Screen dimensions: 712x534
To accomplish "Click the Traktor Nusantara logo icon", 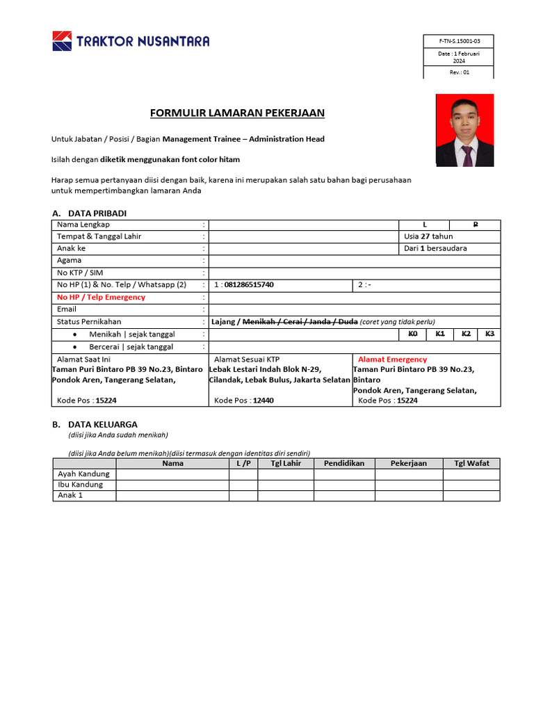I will (62, 41).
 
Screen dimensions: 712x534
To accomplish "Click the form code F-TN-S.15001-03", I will (459, 41).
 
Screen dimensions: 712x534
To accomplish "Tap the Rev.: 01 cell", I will (459, 72).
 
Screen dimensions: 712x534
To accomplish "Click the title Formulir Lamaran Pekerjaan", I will (238, 113).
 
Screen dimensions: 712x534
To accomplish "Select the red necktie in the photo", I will (467, 154).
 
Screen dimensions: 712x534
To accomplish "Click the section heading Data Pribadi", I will (97, 213).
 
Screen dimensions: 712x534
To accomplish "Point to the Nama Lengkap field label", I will (83, 225).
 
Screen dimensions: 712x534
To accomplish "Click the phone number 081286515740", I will (249, 285).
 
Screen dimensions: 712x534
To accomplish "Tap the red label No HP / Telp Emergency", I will (101, 297).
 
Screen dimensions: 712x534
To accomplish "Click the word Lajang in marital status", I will (224, 321).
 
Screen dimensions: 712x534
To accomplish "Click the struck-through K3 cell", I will (489, 334).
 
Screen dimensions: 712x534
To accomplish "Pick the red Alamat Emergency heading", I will (392, 359).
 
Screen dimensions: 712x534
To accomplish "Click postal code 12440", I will (263, 400).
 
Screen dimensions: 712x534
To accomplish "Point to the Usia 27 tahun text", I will (428, 236).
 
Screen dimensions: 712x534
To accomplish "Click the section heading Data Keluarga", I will (102, 424).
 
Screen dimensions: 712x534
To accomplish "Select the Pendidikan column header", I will (344, 463).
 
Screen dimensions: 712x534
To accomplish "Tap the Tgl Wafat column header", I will (471, 463).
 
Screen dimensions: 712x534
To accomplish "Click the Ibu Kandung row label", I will (80, 485).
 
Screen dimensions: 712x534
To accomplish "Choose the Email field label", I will (67, 309).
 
